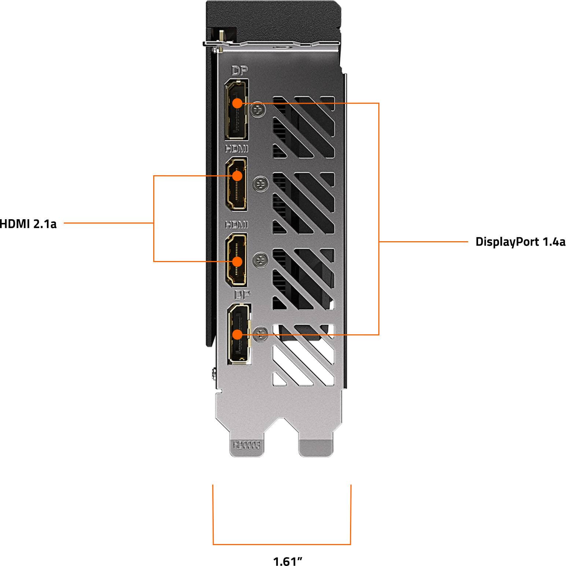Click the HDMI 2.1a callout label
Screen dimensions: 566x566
28,223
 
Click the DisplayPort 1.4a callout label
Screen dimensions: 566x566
520,242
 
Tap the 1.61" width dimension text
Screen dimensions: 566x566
288,561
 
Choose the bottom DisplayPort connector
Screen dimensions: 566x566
239,334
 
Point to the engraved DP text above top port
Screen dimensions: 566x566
240,71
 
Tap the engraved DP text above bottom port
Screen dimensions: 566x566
242,295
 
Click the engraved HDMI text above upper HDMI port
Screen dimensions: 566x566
236,148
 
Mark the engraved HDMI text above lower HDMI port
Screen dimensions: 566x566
236,224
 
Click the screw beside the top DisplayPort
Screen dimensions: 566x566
259,109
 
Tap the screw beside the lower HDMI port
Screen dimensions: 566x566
261,260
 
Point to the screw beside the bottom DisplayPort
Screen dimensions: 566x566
261,334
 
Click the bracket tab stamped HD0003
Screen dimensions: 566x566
247,445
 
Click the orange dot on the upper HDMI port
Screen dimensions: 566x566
238,176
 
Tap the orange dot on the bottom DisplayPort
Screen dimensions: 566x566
238,334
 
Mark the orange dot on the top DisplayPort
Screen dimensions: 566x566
238,103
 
